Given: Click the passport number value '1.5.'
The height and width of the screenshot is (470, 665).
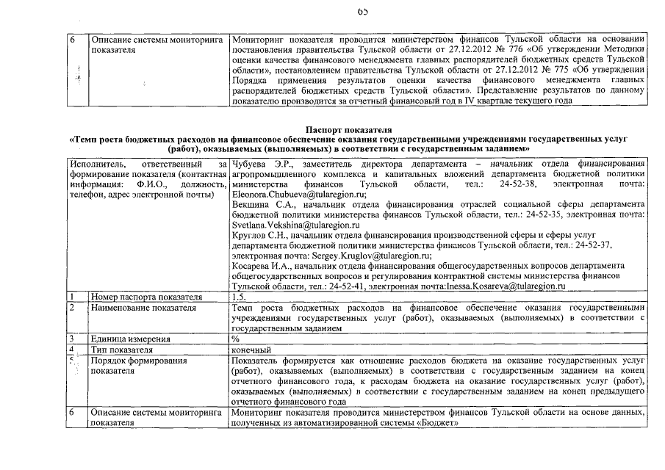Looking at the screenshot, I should (238, 297).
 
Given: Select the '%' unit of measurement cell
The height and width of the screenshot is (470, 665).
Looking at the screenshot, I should (235, 339).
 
